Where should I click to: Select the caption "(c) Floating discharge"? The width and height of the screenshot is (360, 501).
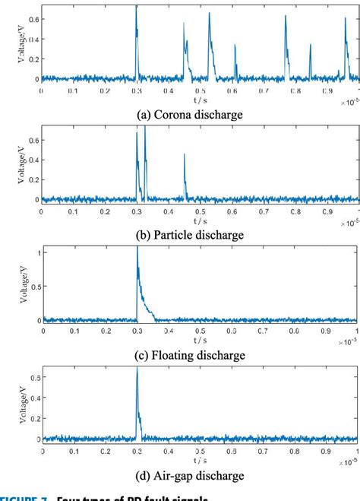(x=199, y=355)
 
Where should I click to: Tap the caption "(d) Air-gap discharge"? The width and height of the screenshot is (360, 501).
(x=199, y=476)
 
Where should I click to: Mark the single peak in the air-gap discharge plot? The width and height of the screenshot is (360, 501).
(x=137, y=370)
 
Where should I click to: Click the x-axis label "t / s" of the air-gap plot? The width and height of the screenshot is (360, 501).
(x=200, y=460)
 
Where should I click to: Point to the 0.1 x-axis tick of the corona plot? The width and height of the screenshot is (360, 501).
(x=73, y=90)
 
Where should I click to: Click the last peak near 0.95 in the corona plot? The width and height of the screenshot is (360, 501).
(x=346, y=17)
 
